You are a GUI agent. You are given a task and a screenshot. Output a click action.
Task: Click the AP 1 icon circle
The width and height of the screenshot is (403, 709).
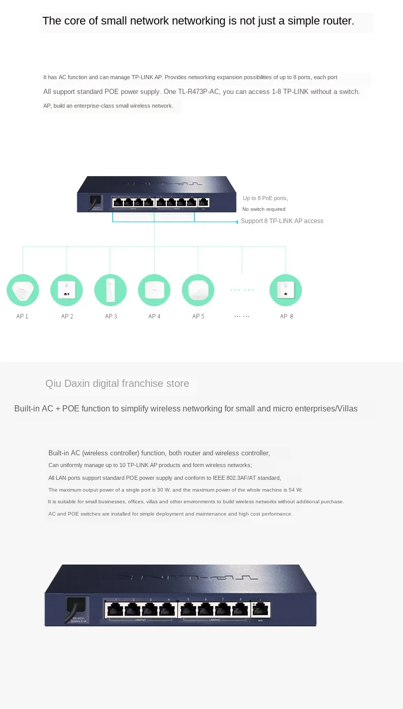point(22,290)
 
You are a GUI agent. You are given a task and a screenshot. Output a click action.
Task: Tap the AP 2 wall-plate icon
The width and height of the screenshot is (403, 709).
point(66,290)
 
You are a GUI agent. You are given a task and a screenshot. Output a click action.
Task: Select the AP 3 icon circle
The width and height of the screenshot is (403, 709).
point(111,290)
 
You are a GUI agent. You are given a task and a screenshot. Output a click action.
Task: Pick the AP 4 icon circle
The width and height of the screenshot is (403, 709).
point(154,290)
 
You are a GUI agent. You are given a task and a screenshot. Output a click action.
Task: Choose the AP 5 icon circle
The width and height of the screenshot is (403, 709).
point(198,290)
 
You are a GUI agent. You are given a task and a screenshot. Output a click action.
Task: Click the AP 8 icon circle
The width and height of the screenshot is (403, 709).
point(286,290)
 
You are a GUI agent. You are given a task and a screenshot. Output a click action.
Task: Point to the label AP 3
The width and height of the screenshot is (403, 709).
point(111,316)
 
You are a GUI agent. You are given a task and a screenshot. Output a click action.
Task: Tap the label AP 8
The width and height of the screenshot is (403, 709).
point(286,316)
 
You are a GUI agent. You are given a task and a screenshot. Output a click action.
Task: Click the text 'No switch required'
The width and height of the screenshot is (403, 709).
point(264,209)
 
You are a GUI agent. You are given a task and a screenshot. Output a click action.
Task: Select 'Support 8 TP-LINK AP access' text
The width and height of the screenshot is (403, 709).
point(282,221)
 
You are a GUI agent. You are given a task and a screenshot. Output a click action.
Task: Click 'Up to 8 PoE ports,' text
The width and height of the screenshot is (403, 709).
point(265,198)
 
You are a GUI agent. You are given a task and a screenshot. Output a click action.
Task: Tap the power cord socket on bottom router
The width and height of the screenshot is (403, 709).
point(77,608)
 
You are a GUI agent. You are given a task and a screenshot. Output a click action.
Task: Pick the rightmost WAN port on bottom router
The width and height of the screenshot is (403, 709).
point(261,609)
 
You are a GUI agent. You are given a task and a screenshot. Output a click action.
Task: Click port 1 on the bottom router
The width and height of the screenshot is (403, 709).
point(115,609)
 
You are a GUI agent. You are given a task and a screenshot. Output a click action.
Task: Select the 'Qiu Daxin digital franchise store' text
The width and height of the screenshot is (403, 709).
point(117,383)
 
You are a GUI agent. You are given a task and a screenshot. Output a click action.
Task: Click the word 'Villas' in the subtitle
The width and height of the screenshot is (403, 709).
point(346,408)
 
